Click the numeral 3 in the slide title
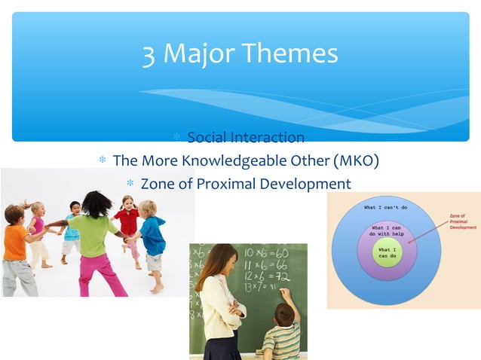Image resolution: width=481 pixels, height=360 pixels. tap(149, 53)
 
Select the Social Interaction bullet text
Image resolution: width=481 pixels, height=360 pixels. tap(246, 137)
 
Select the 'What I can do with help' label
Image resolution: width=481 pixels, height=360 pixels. tap(386, 230)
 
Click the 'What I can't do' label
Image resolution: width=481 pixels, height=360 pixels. tap(387, 207)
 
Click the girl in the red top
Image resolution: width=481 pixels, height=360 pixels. tap(129, 222)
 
